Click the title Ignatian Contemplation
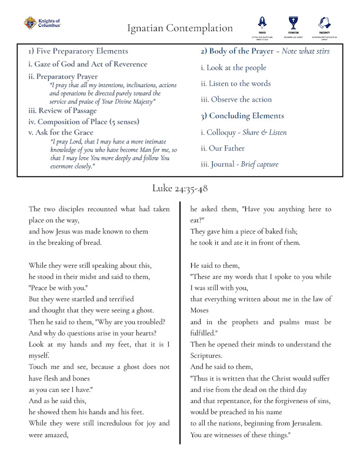(x=179, y=28)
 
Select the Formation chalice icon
(x=292, y=23)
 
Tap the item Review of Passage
(x=62, y=111)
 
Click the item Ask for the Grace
(x=61, y=132)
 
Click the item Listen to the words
(x=235, y=84)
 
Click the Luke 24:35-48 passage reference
(x=179, y=188)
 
